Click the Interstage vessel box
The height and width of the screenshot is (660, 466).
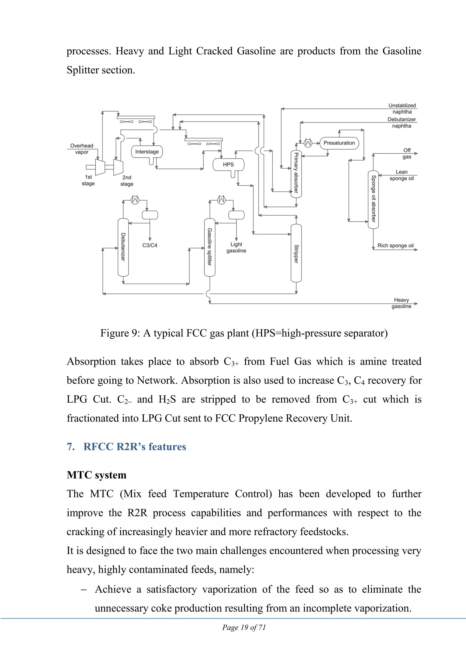(147, 152)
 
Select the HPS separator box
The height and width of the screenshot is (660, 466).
(228, 165)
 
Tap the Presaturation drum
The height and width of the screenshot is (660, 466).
(339, 143)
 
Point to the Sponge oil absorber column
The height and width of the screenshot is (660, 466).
(373, 200)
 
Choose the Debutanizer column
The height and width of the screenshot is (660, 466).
(123, 247)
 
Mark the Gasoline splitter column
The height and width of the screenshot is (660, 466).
(210, 247)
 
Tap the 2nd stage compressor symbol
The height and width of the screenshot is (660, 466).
(118, 167)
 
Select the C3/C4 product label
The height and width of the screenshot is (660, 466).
(150, 245)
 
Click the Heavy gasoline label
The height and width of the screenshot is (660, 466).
(401, 303)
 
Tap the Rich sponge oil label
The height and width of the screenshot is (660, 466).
(395, 246)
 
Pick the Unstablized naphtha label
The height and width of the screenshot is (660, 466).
(402, 109)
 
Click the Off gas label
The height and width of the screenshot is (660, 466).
(407, 154)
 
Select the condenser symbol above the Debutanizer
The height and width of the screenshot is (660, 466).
(135, 200)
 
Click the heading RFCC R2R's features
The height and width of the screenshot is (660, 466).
(135, 447)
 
